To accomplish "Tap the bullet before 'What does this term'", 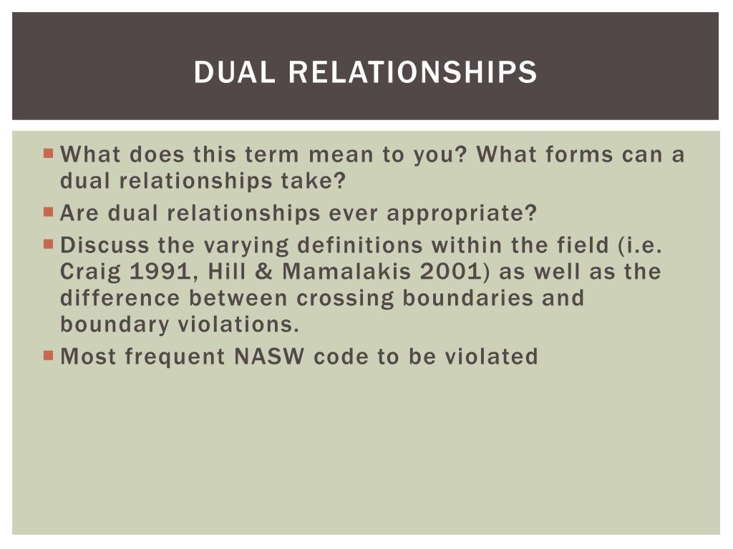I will [49, 153].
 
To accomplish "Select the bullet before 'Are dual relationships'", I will [49, 212].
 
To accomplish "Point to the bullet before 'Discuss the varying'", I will [49, 244].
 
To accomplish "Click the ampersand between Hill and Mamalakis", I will [267, 272].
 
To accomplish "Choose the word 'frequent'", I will [176, 356].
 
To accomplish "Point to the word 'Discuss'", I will [105, 245].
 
